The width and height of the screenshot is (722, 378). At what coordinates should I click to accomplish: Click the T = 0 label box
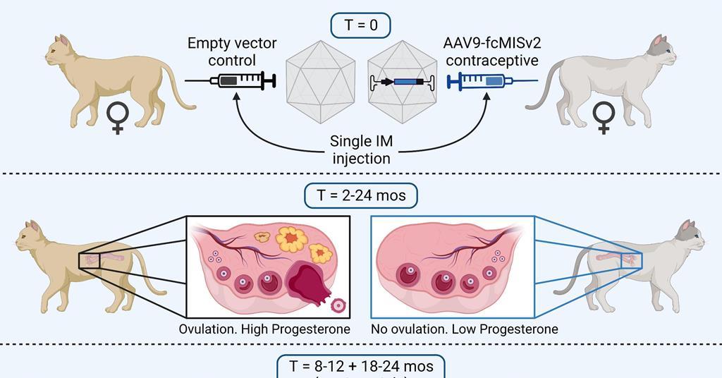click(x=361, y=25)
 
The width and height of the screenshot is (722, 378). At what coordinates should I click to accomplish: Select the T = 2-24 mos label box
click(x=361, y=195)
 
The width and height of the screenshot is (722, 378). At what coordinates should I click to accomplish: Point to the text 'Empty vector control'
click(x=232, y=51)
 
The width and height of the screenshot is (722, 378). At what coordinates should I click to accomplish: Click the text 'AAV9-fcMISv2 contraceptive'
click(x=492, y=51)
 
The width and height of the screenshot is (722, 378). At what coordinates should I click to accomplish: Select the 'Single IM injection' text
click(x=361, y=150)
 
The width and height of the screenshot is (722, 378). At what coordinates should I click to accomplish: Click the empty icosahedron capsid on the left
click(x=322, y=81)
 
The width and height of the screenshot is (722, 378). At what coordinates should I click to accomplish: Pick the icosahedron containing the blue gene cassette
click(x=400, y=81)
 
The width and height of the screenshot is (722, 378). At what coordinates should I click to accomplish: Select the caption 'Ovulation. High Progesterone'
click(x=264, y=329)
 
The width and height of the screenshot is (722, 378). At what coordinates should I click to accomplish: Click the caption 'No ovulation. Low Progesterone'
click(x=465, y=329)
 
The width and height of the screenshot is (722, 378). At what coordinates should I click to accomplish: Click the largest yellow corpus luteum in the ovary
click(x=293, y=240)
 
